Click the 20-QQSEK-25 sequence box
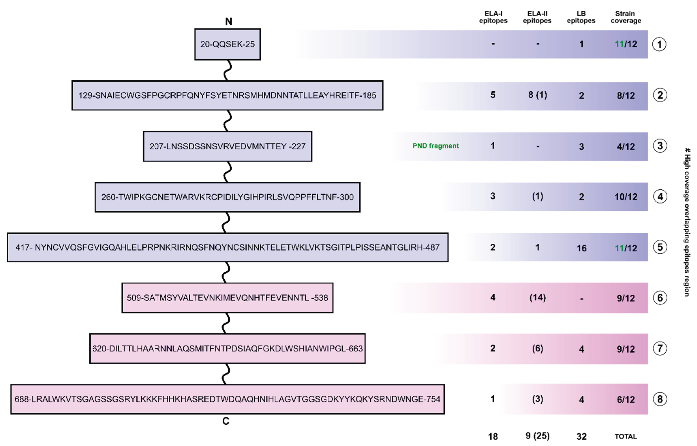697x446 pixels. [227, 44]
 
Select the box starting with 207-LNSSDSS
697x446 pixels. [227, 146]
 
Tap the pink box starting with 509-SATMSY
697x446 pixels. [227, 298]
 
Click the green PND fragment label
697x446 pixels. [435, 146]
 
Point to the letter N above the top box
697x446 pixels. [229, 21]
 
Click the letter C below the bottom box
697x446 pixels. [226, 421]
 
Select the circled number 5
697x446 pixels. [660, 247]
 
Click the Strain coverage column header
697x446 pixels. [626, 17]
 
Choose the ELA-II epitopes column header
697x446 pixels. [537, 17]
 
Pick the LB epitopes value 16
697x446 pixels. [582, 248]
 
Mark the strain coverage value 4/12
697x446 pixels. [626, 147]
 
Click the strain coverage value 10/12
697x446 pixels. [626, 197]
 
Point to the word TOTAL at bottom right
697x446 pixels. [626, 436]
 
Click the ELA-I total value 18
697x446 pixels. [493, 436]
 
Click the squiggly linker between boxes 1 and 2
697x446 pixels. [228, 70]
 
